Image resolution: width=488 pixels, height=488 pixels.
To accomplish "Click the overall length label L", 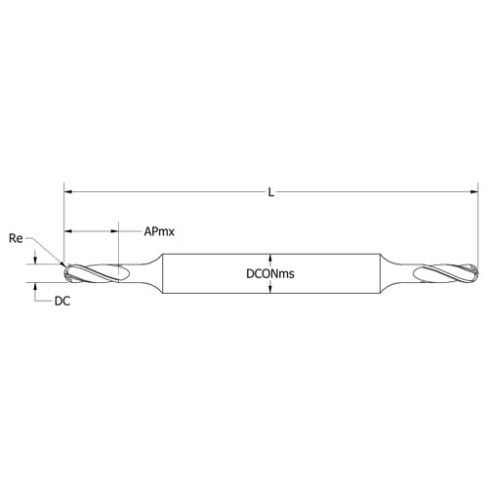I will (x=271, y=193).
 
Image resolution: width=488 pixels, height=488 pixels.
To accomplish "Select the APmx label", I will (x=159, y=232).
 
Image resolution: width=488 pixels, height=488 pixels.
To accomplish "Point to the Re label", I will (x=16, y=237).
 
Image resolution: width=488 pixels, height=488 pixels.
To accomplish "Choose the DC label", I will (x=61, y=303).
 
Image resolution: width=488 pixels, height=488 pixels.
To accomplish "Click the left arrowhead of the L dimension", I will (x=68, y=193).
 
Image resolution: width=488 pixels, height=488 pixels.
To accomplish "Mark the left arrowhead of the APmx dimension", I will (x=68, y=232).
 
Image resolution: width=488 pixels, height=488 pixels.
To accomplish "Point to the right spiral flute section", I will (x=445, y=273).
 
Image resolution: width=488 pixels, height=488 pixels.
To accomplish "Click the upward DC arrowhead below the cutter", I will (x=35, y=287).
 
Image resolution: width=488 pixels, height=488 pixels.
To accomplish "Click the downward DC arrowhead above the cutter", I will (x=35, y=259).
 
